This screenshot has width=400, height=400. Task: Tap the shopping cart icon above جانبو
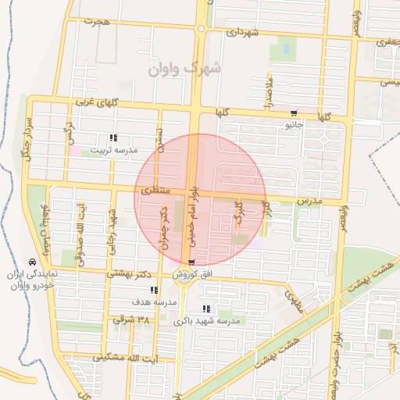(294, 112)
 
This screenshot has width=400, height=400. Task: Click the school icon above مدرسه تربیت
(114, 137)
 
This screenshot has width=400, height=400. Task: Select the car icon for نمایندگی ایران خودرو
(31, 261)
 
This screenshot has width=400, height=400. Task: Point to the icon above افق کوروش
(191, 262)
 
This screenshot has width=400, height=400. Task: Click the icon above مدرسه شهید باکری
(206, 309)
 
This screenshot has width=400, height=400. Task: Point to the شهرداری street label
(241, 33)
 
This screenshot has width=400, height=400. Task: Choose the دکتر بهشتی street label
(131, 275)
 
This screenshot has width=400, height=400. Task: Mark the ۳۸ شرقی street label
(130, 320)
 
